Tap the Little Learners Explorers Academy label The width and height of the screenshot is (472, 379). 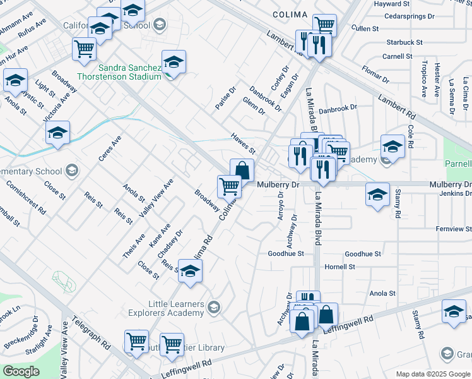(x=167, y=308)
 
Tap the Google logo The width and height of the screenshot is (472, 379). (x=21, y=371)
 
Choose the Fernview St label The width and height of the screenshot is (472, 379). (x=453, y=228)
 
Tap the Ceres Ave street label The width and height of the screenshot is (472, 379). (x=109, y=148)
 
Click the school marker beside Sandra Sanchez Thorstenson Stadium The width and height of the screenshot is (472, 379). (x=174, y=63)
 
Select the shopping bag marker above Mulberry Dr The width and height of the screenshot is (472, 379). (x=242, y=170)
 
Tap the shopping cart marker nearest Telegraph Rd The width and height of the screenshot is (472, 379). (x=136, y=341)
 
